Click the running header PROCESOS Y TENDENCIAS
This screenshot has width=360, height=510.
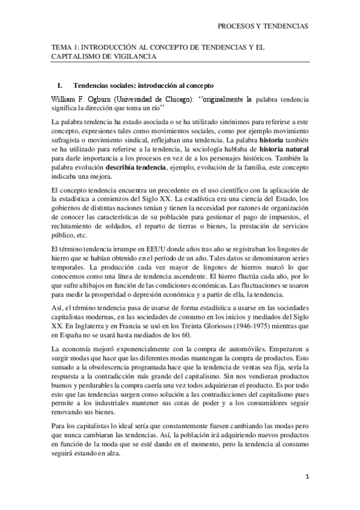tap(263, 26)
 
